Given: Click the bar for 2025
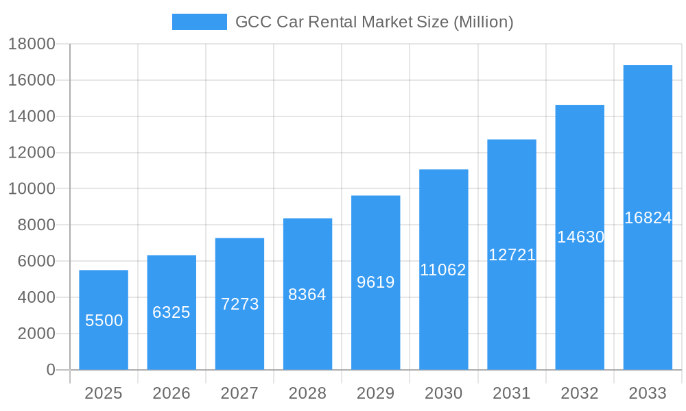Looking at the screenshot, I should pos(104,320).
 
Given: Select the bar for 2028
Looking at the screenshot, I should pos(307,294).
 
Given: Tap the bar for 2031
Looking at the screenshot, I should pos(512,254).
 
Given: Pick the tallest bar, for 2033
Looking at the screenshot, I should pos(648,217).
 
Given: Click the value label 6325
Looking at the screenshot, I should pos(171,312).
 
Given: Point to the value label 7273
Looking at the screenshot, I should pos(239,304).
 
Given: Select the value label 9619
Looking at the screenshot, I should pos(376,282).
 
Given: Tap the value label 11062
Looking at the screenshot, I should pos(443,270).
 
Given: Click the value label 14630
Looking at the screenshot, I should pos(580,237).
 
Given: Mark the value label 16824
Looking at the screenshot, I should pos(648,218).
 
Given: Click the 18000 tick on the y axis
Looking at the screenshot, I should pos(32,44).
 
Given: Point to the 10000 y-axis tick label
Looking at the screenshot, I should pos(32,189).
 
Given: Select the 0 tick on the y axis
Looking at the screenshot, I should pos(50,370).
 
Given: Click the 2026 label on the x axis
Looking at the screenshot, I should pos(171,393).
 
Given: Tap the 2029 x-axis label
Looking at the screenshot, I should pos(376,393).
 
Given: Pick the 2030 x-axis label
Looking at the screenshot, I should pos(444,393).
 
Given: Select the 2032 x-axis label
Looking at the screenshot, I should pos(580,393).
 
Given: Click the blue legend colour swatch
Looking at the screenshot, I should pos(199,22).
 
